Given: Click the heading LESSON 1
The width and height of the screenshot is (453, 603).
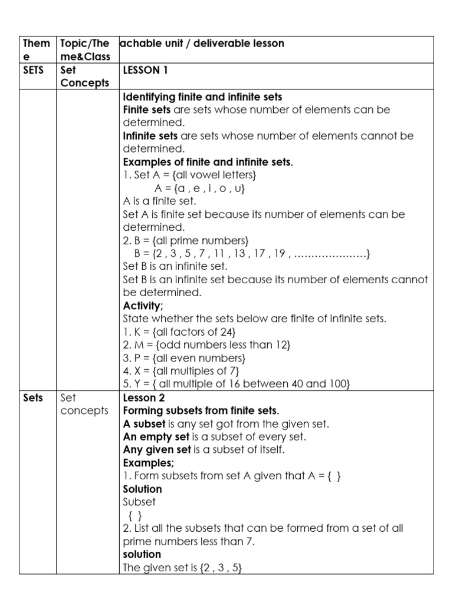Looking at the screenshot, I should (x=145, y=70).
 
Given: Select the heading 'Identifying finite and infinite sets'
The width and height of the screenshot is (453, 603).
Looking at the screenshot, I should (x=202, y=97).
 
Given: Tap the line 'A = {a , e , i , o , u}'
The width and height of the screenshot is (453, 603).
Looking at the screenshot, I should (x=199, y=188).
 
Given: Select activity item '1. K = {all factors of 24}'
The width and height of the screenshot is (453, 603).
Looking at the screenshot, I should (x=183, y=332).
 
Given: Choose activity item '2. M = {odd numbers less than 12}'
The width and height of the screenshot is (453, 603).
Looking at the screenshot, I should (x=206, y=345).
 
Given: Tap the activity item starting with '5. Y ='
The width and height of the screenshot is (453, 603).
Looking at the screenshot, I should (x=237, y=384).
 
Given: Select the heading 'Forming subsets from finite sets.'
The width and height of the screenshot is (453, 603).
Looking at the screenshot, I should (x=201, y=410).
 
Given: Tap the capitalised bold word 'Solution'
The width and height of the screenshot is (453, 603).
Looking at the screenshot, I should (x=142, y=489).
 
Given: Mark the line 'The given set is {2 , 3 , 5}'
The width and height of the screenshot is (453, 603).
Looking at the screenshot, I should (x=182, y=568).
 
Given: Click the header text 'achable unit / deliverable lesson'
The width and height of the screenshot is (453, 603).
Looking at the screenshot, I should (x=202, y=44).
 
